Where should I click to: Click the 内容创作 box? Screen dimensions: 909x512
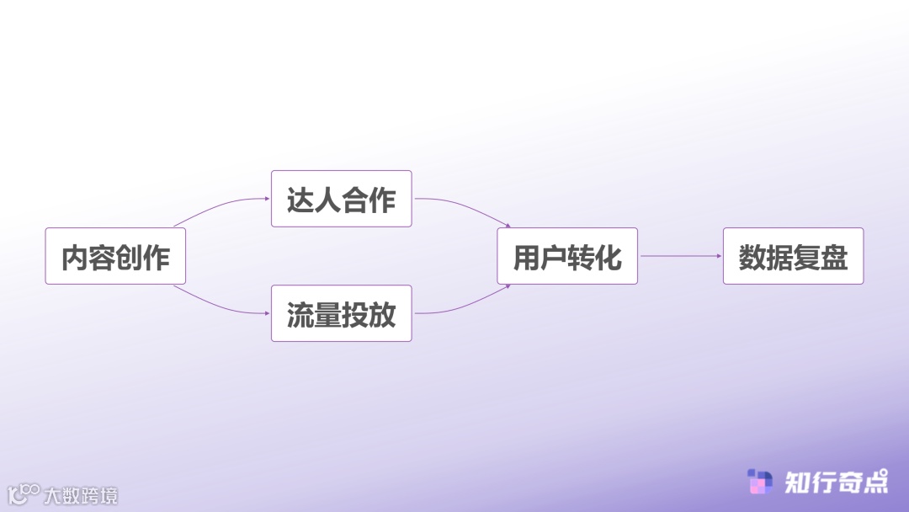click(115, 256)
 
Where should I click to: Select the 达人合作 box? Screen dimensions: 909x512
click(341, 199)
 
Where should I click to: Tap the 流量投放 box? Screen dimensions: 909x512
click(341, 313)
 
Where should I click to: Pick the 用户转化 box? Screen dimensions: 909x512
click(567, 256)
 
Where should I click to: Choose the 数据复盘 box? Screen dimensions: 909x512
click(793, 256)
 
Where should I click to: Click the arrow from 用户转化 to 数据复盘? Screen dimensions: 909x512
click(680, 256)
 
